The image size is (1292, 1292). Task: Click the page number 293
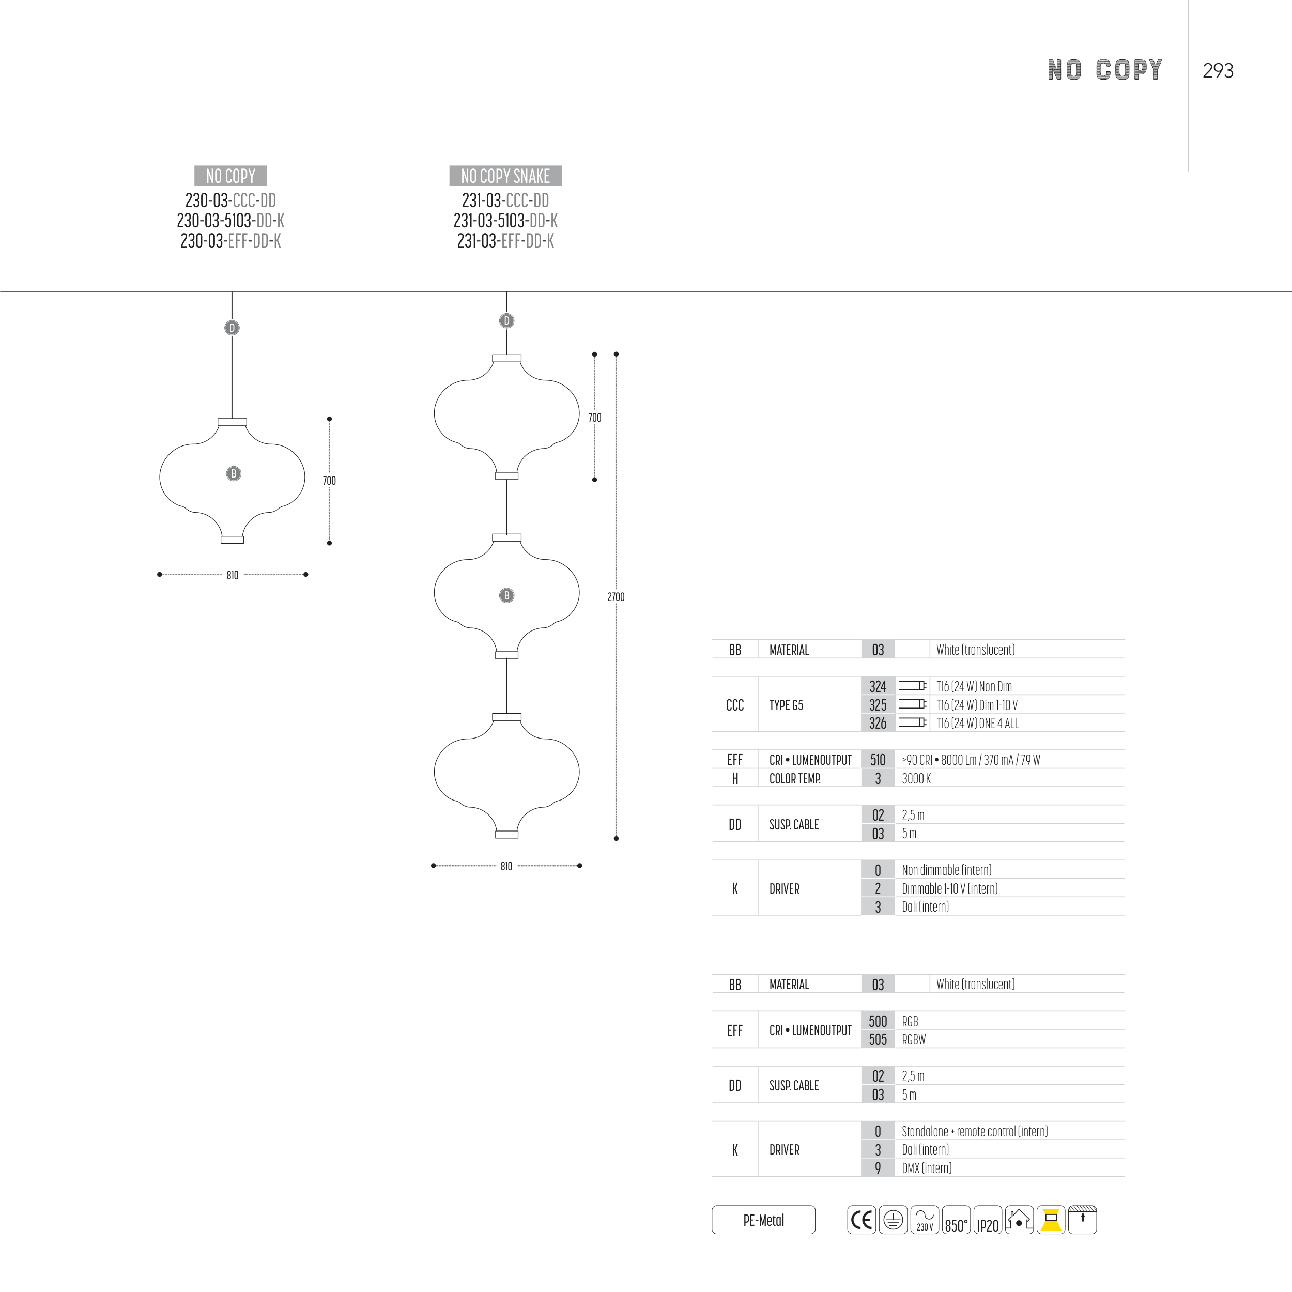coord(1218,71)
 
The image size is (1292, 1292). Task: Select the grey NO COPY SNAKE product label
coord(505,176)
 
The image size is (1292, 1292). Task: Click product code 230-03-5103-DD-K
coord(230,221)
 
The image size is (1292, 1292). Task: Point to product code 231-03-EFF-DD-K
coord(505,241)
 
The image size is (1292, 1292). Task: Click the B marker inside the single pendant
coord(234,473)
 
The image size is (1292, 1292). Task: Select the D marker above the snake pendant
coord(507,321)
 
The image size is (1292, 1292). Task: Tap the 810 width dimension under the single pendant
coord(233,575)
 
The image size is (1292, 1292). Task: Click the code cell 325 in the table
coord(878,705)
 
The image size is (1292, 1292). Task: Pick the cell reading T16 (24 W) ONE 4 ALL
coord(978,723)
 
